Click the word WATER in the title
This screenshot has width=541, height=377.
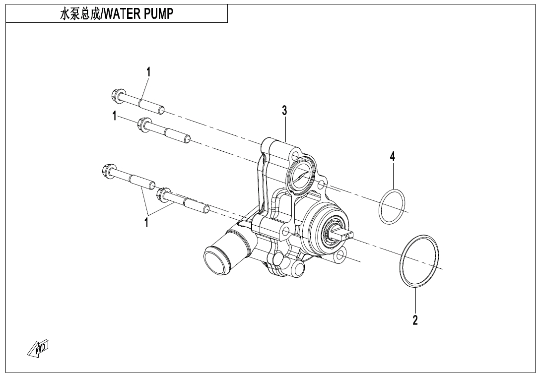(x=125, y=14)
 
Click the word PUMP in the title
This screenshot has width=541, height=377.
(x=160, y=14)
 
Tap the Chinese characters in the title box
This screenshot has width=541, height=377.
(x=77, y=14)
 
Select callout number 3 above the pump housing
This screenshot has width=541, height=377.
(x=284, y=110)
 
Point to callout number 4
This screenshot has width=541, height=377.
(x=392, y=157)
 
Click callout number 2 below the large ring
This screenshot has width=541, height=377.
(x=415, y=320)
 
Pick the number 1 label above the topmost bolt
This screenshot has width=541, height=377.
(x=148, y=72)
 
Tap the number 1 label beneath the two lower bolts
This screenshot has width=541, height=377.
(x=146, y=223)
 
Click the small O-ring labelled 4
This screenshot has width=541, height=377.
(x=392, y=206)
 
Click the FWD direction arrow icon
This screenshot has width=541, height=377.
(x=39, y=349)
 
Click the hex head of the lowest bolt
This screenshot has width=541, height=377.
(x=164, y=194)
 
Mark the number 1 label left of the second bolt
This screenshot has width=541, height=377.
(x=115, y=116)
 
